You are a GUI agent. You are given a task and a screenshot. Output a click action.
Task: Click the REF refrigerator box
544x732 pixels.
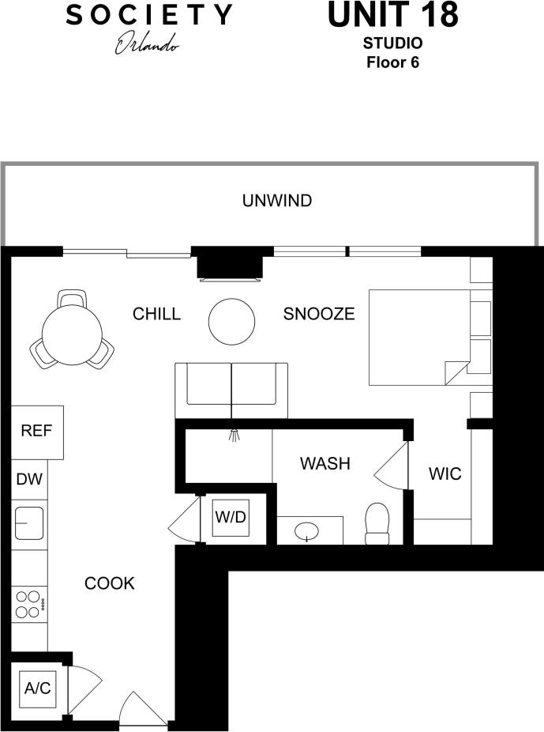[x=37, y=432]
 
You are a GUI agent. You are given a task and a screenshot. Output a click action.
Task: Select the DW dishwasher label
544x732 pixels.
[x=30, y=479]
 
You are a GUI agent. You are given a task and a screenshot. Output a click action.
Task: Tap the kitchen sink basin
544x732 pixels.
[x=29, y=523]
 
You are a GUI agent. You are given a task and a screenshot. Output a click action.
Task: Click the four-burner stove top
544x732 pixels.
[x=29, y=605]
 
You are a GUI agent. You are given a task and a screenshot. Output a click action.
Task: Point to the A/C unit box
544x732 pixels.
[x=37, y=689]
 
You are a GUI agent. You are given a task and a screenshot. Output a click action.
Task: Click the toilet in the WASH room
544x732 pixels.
[x=378, y=525]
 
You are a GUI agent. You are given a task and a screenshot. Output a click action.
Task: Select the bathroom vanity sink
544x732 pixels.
[x=308, y=531]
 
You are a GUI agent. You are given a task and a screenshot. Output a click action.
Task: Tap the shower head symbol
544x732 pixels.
[x=233, y=434]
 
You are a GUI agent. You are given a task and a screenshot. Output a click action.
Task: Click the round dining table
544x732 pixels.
[x=72, y=334]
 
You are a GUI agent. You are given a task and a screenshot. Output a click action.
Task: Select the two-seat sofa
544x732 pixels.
[x=231, y=391]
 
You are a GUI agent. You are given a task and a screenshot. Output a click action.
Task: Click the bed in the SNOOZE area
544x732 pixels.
[x=418, y=338]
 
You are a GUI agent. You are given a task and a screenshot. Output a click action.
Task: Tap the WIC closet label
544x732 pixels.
[x=445, y=475]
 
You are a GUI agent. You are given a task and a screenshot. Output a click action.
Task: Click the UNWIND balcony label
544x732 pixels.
[x=276, y=201]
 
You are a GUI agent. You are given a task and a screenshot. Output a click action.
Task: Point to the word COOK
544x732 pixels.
[x=110, y=584]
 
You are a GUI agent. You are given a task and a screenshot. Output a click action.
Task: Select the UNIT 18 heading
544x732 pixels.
[x=392, y=16]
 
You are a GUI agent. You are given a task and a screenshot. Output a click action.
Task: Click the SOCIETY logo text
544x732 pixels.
[x=148, y=14]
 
